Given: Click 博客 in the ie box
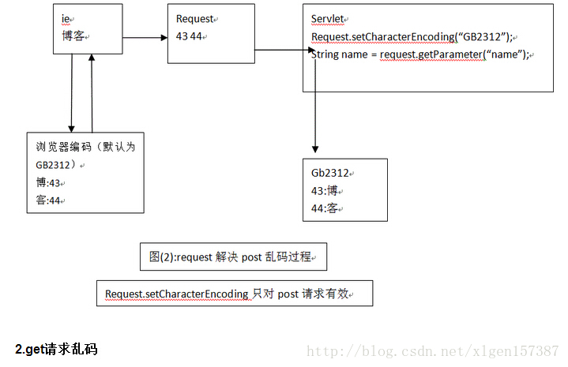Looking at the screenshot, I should [x=74, y=36].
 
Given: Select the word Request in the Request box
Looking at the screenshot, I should [x=195, y=19].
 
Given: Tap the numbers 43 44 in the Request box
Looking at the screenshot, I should [x=189, y=36].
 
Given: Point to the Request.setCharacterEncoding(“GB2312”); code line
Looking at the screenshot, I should [x=412, y=37].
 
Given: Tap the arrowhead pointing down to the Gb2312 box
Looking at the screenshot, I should [x=315, y=148].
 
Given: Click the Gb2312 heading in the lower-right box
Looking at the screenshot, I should [x=330, y=174].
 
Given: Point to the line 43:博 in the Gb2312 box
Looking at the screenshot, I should [x=329, y=191].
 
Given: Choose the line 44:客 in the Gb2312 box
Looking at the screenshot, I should [x=329, y=208].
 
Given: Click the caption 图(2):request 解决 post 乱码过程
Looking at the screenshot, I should [x=234, y=257].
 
